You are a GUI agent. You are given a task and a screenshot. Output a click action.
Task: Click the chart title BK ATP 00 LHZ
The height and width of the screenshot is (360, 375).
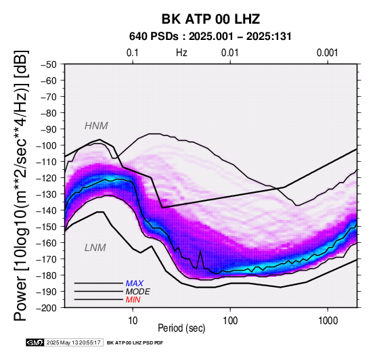[211, 19]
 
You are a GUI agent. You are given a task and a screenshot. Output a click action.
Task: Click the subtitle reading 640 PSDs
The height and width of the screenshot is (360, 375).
[154, 37]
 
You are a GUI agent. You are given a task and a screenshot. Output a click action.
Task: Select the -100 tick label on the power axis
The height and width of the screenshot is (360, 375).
[47, 145]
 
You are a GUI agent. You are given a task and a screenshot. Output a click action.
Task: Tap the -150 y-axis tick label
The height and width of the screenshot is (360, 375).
[47, 227]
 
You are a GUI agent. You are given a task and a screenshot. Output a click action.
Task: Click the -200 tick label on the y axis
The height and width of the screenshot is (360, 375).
[47, 307]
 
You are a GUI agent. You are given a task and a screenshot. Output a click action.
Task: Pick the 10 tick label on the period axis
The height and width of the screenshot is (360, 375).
[133, 321]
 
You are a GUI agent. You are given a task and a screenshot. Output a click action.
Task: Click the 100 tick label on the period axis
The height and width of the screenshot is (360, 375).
[230, 321]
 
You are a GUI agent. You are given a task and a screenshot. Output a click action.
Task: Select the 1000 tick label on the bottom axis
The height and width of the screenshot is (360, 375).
[328, 321]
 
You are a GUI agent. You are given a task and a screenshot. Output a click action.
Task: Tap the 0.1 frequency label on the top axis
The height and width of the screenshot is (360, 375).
[133, 53]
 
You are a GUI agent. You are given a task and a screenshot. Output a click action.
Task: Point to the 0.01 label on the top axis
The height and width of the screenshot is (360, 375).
[230, 53]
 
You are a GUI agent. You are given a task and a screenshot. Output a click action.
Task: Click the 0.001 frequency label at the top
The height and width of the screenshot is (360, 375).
[328, 53]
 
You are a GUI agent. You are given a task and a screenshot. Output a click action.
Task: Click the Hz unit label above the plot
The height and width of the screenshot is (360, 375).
[181, 53]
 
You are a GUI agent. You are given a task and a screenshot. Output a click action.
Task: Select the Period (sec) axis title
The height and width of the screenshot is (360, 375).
[181, 328]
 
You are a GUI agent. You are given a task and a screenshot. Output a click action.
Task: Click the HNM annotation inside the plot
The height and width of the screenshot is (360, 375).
[96, 126]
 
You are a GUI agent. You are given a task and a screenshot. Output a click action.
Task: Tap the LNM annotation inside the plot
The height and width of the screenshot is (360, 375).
[95, 248]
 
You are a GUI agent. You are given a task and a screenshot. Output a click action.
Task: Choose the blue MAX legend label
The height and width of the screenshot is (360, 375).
[135, 284]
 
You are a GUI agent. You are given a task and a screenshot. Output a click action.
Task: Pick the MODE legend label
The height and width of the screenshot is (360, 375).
[138, 292]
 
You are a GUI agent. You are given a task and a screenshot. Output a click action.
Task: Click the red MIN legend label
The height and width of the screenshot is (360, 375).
[133, 300]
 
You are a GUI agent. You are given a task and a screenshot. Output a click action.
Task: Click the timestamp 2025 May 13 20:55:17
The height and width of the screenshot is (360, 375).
[73, 343]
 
